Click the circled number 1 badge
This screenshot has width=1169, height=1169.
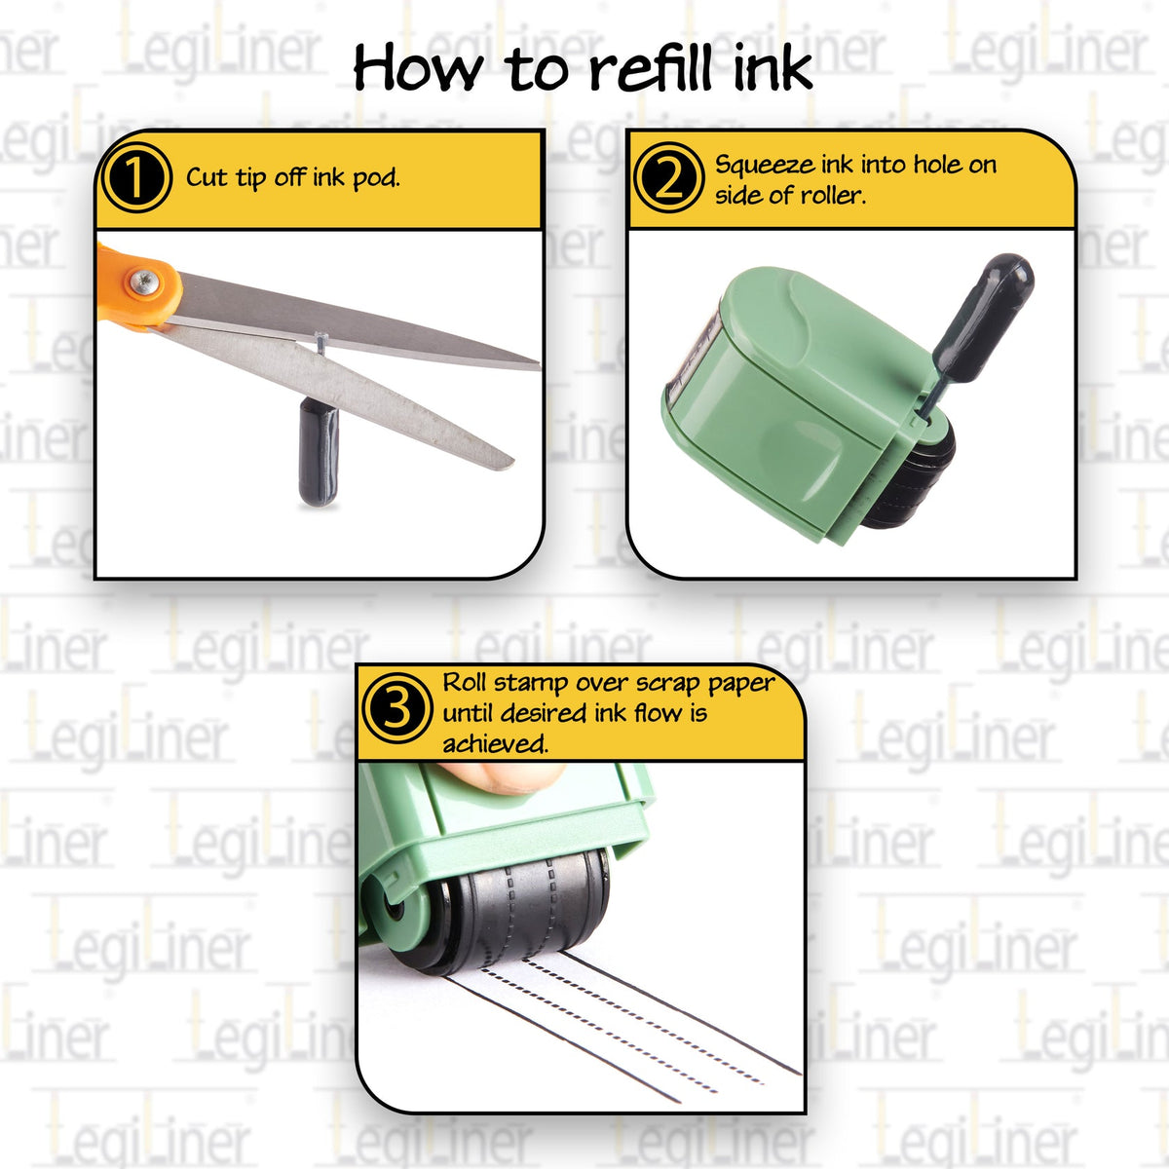(x=136, y=178)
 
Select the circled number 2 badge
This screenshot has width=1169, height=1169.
(x=667, y=178)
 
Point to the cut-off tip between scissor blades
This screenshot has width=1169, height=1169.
(x=321, y=338)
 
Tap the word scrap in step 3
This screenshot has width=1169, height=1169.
(x=669, y=682)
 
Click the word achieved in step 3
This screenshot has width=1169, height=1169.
(x=495, y=744)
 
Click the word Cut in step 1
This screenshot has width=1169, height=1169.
(x=207, y=177)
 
